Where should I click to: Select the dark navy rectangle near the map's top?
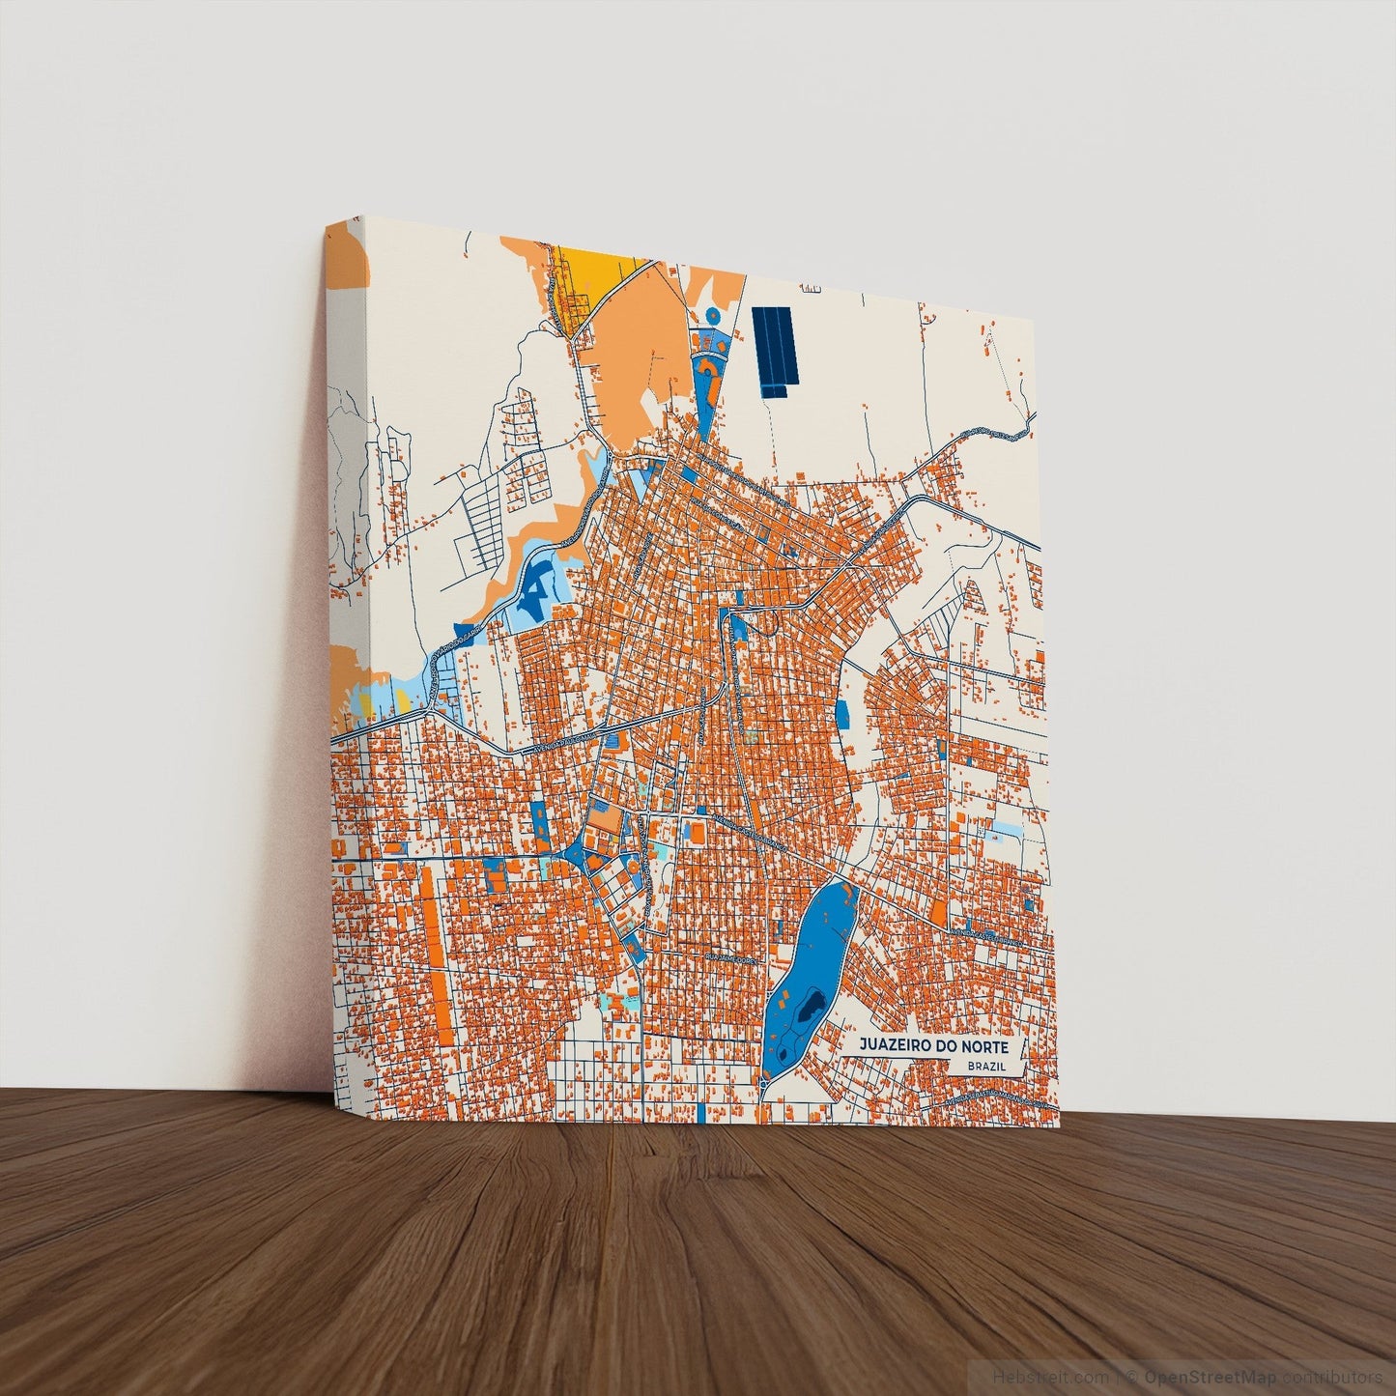[x=777, y=351]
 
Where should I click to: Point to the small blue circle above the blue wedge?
[x=713, y=316]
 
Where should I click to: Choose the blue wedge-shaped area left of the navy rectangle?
[x=705, y=377]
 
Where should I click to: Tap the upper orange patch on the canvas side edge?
[x=347, y=257]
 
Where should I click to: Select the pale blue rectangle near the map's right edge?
[x=1008, y=830]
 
